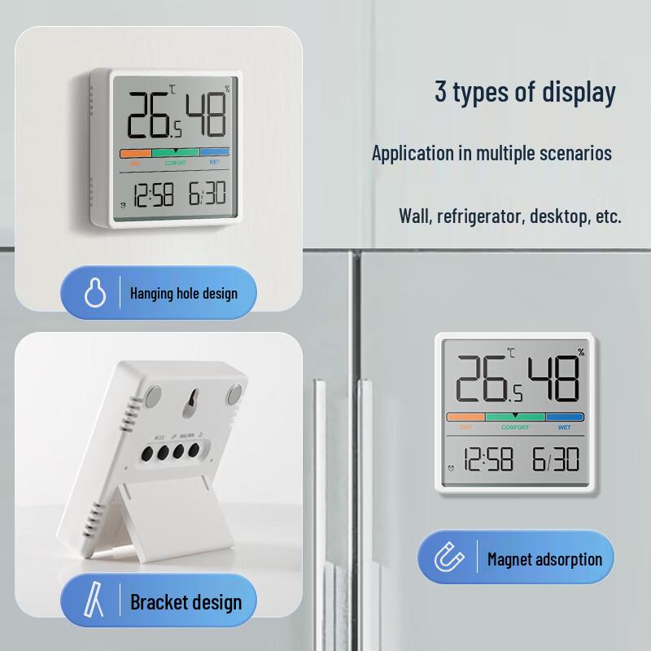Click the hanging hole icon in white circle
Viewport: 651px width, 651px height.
coord(95,292)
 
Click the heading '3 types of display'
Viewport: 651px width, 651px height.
coord(524,92)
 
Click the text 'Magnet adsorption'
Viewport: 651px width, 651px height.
coord(544,559)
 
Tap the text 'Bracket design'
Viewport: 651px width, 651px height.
coord(186,603)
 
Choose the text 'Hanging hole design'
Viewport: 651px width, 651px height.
coord(184,293)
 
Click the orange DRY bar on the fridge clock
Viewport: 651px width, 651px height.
coord(465,417)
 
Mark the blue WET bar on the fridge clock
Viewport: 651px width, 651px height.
coord(565,417)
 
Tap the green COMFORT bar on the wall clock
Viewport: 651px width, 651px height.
coord(175,152)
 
